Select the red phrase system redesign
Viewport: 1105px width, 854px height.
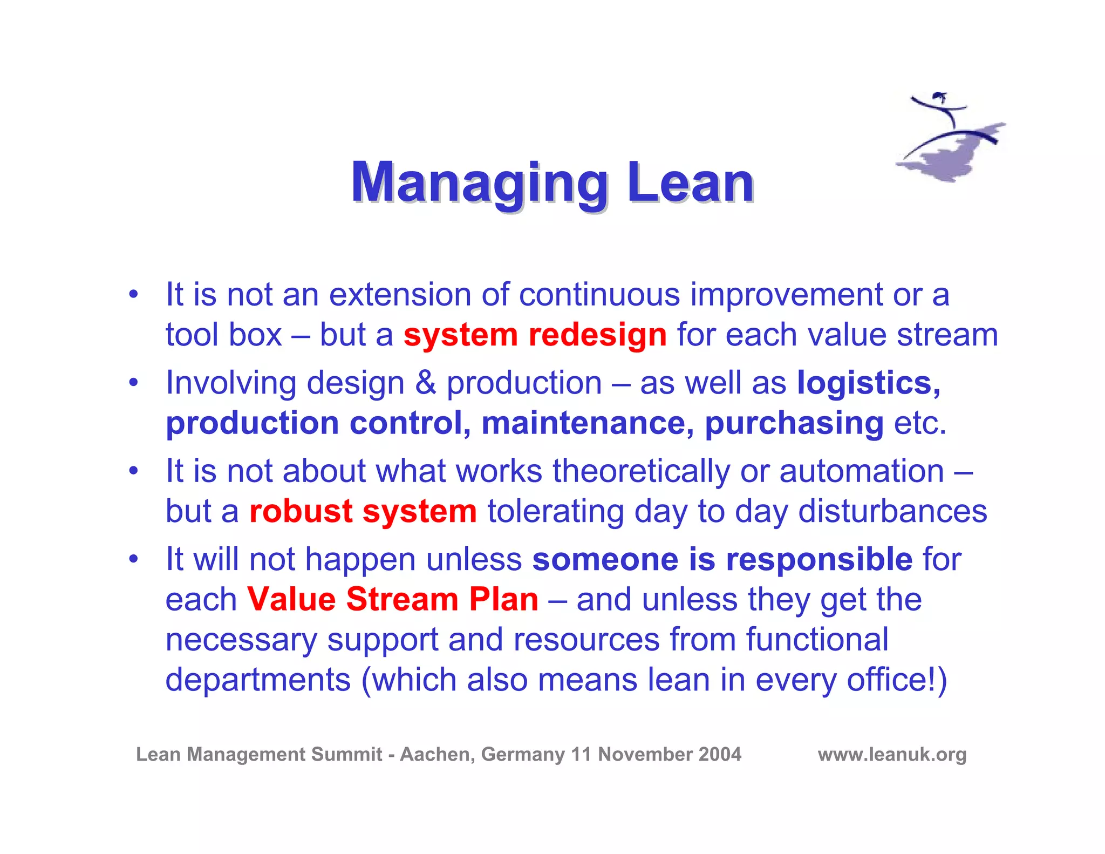pyautogui.click(x=535, y=335)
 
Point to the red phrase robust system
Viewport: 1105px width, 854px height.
pyautogui.click(x=363, y=511)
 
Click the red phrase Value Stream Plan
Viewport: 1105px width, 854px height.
pyautogui.click(x=393, y=599)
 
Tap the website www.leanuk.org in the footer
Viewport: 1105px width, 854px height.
pyautogui.click(x=892, y=754)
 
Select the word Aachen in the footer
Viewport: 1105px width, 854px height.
pyautogui.click(x=437, y=754)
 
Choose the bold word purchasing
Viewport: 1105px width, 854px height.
pyautogui.click(x=794, y=423)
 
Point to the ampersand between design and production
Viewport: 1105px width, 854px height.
pyautogui.click(x=425, y=383)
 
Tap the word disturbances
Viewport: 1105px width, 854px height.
pyautogui.click(x=892, y=511)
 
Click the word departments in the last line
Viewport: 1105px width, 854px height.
pyautogui.click(x=258, y=679)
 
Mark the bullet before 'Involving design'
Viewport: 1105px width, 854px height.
pyautogui.click(x=133, y=383)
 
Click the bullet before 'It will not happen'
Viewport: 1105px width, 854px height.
pyautogui.click(x=133, y=559)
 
